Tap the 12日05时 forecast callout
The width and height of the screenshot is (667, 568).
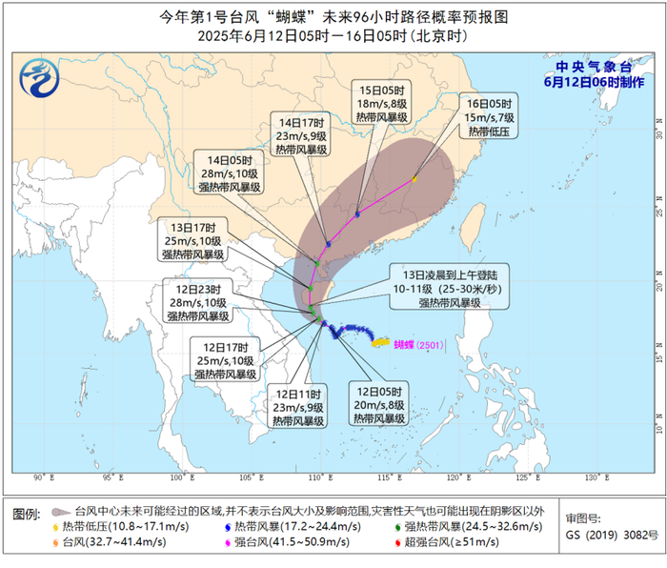tap(375, 403)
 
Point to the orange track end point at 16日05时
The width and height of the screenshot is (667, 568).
tap(414, 179)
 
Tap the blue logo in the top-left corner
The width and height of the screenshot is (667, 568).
tap(39, 75)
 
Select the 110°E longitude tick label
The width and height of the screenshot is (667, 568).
tap(321, 477)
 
